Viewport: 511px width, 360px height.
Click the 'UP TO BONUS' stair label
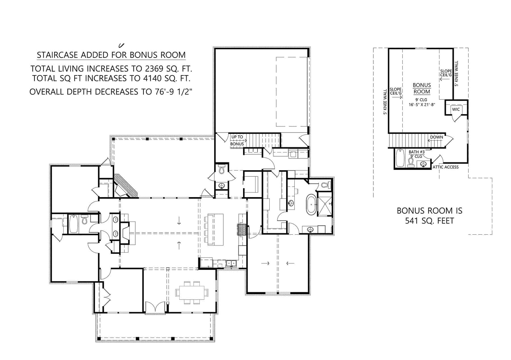coord(237,140)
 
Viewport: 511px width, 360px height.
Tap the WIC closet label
coord(456,110)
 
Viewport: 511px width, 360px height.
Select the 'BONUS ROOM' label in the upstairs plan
coord(422,88)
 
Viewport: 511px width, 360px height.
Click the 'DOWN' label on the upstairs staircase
coord(436,137)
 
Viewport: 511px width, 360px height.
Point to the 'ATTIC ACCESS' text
coord(445,167)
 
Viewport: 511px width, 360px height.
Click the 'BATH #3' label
coord(416,152)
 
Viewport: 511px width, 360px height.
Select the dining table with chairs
coord(192,292)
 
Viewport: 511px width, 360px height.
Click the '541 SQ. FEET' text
coord(429,220)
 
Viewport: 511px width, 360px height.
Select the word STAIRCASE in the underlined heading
coord(58,55)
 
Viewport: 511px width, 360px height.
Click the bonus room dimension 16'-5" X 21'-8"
coord(422,104)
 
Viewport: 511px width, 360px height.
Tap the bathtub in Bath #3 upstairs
coord(400,158)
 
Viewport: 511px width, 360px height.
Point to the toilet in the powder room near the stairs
coord(222,169)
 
